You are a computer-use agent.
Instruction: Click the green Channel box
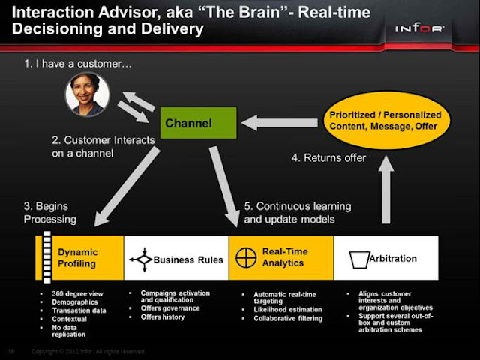click(199, 123)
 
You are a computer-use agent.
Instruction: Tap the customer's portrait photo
click(87, 94)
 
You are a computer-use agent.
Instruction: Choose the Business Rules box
click(176, 258)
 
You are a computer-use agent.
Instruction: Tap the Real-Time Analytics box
click(280, 258)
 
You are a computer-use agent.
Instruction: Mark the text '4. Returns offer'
click(328, 157)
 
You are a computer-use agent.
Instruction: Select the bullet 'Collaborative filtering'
click(288, 319)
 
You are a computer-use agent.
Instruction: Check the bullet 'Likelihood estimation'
click(288, 309)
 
